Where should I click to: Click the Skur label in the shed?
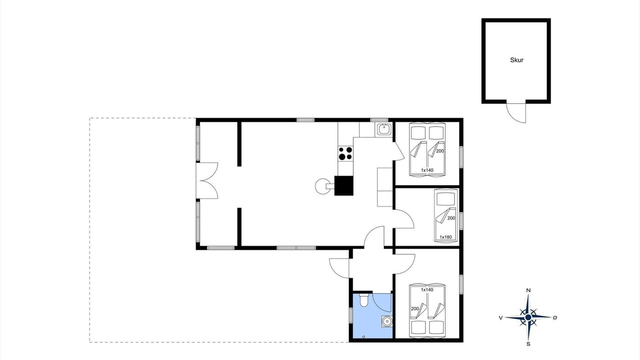(516, 60)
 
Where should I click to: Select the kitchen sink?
(383, 129)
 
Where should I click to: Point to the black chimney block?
(343, 185)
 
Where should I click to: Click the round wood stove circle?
(322, 186)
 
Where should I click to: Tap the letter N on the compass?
(528, 290)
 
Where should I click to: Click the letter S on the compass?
(528, 344)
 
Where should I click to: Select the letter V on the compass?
(500, 317)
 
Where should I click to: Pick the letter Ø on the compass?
(555, 317)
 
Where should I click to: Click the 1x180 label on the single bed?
(445, 237)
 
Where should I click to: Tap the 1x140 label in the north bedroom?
(427, 170)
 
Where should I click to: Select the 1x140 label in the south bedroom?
(427, 289)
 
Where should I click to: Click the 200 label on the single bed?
(451, 218)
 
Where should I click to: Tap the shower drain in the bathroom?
(363, 337)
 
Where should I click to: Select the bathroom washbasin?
(387, 321)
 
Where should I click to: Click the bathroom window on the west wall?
(351, 315)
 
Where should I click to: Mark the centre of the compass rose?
(528, 317)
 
